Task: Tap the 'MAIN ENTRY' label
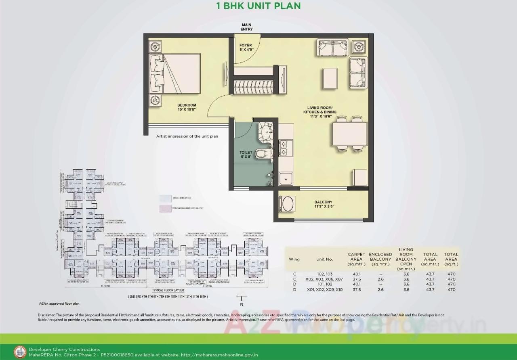[x=246, y=27]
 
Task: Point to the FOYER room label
[x=246, y=48]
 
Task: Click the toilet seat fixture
[x=262, y=153]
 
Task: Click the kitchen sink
[x=286, y=178]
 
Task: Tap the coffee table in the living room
[x=330, y=77]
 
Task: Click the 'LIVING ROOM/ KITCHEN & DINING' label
[x=322, y=112]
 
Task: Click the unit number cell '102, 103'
[x=324, y=274]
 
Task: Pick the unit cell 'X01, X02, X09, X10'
[x=324, y=289]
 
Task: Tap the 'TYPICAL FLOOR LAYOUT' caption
[x=168, y=291]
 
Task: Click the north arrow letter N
[x=242, y=305]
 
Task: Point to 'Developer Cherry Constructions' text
[x=64, y=350]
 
